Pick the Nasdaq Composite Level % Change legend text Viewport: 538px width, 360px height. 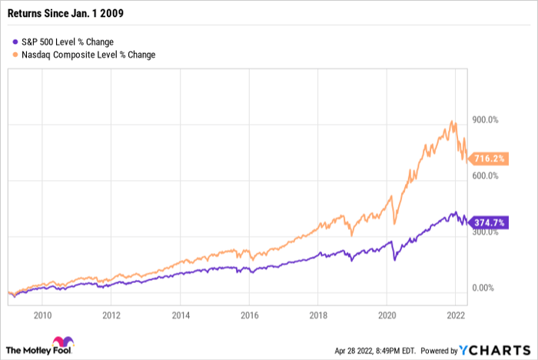88,55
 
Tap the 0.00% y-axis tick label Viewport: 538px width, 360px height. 483,288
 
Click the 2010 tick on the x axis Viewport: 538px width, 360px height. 42,315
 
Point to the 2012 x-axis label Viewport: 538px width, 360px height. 111,315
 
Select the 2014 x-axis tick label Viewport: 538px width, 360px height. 181,315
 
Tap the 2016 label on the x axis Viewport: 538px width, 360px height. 250,315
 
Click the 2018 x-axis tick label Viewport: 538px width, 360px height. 319,315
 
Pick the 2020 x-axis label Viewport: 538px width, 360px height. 388,315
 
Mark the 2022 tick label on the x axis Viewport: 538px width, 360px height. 457,315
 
